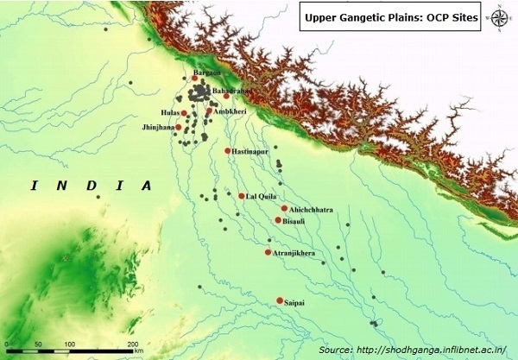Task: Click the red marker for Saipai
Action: [x=279, y=301]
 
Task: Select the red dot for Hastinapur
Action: [x=227, y=151]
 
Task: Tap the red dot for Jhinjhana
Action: [x=179, y=128]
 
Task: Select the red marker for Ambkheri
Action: [x=209, y=111]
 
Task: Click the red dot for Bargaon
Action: [x=196, y=79]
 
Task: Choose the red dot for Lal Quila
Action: [x=242, y=196]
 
